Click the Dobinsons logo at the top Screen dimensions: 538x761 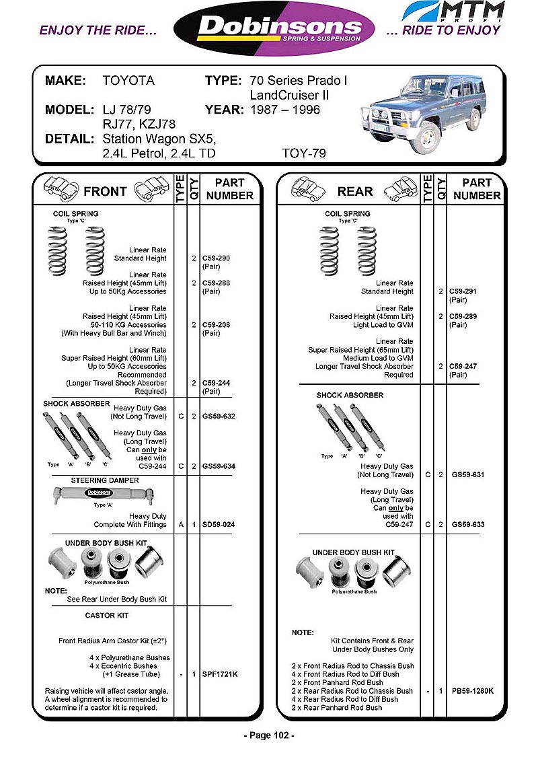[x=274, y=29]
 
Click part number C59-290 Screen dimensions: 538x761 [x=216, y=258]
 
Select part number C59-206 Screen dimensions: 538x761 [x=216, y=325]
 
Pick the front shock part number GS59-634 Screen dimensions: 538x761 [x=219, y=466]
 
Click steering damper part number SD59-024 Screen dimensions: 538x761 [x=219, y=525]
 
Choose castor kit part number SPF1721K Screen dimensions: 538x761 [x=220, y=674]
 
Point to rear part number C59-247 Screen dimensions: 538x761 [x=463, y=367]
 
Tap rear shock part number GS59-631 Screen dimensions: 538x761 [x=467, y=474]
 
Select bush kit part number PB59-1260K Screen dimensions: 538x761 [x=473, y=690]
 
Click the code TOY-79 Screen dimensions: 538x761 [x=304, y=153]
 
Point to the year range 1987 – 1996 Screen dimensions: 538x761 [x=284, y=110]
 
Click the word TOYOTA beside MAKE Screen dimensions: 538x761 [x=128, y=81]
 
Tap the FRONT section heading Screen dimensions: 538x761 [x=105, y=192]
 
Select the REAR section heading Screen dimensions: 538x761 [x=355, y=192]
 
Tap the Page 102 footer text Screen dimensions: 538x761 [x=269, y=735]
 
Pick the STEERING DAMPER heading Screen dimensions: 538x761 [x=105, y=480]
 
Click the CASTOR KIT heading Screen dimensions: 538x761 [x=107, y=616]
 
